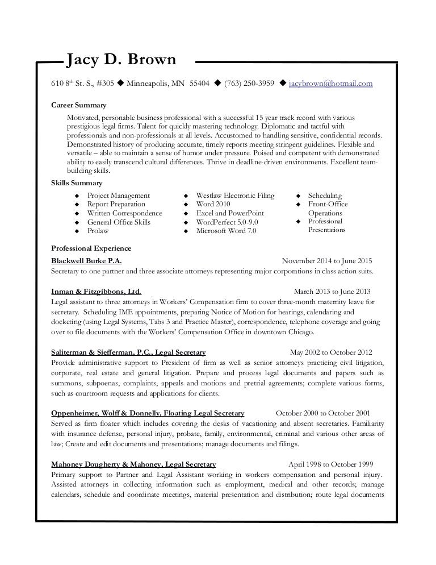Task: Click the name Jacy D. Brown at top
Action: pyautogui.click(x=121, y=60)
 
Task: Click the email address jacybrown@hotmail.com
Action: pyautogui.click(x=331, y=84)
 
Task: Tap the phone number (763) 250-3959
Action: pyautogui.click(x=250, y=84)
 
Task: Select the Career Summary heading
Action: pyautogui.click(x=78, y=105)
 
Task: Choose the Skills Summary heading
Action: pyautogui.click(x=77, y=183)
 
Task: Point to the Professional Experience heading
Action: pyautogui.click(x=91, y=248)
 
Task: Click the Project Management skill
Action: pyautogui.click(x=118, y=196)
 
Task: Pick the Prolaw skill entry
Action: pyautogui.click(x=98, y=231)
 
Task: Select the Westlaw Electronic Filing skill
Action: pyautogui.click(x=235, y=196)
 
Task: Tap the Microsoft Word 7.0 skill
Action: pyautogui.click(x=226, y=231)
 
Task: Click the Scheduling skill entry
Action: pyautogui.click(x=325, y=196)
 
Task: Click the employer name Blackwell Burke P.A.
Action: pyautogui.click(x=86, y=261)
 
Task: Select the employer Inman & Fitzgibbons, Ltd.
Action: pyautogui.click(x=96, y=290)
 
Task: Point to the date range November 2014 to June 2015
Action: pyautogui.click(x=327, y=261)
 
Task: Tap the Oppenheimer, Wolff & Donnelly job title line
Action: pyautogui.click(x=148, y=413)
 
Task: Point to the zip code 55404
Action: pyautogui.click(x=199, y=84)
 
